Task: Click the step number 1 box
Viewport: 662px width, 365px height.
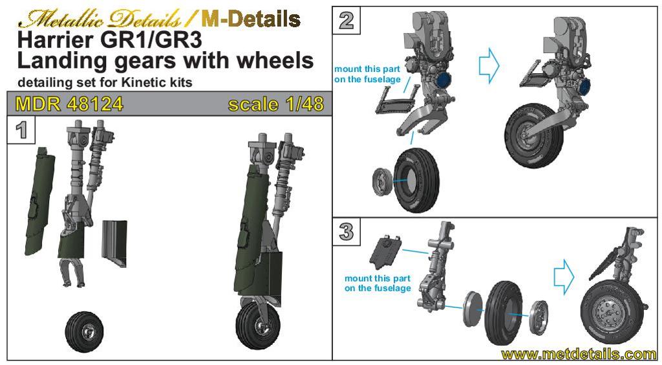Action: click(21, 130)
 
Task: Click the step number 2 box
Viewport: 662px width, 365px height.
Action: click(347, 20)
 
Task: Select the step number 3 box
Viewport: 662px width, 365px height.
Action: click(347, 232)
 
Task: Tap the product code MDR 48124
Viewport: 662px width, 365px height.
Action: click(69, 104)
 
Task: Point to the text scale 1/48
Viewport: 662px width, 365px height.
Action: click(276, 104)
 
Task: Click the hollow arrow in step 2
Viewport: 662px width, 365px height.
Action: click(490, 65)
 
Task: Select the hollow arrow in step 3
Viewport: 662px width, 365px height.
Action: click(564, 277)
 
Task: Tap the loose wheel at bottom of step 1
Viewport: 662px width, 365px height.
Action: click(85, 331)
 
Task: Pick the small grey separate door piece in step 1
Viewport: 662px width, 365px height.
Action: click(115, 239)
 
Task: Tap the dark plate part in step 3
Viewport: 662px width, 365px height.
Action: click(385, 252)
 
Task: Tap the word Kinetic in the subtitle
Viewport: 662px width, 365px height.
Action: click(138, 82)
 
